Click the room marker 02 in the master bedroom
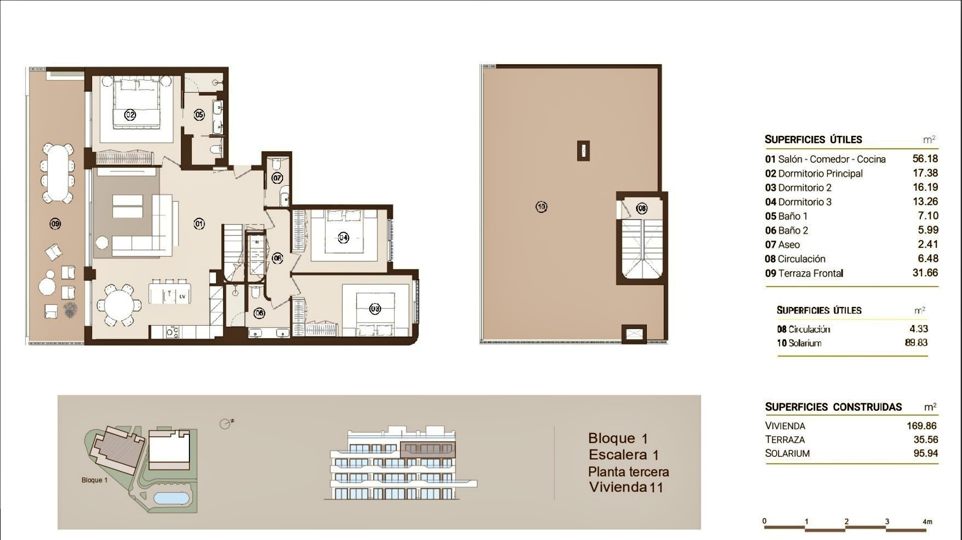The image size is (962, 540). [x=130, y=115]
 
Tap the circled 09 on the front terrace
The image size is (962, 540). [x=55, y=223]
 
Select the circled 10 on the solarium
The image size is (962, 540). [x=541, y=206]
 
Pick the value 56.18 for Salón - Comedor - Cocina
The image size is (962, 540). [x=925, y=159]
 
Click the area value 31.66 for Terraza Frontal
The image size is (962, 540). [x=925, y=273]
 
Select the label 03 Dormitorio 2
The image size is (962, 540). [x=798, y=188]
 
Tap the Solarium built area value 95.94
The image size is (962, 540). [x=925, y=453]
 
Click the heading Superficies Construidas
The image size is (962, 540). [x=833, y=407]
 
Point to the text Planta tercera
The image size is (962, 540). [x=628, y=472]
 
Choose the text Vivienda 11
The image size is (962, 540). [x=626, y=487]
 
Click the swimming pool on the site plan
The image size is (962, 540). [x=171, y=498]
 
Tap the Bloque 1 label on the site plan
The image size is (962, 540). [x=95, y=480]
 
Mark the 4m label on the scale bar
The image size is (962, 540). [x=927, y=521]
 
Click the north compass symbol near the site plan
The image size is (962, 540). [x=226, y=424]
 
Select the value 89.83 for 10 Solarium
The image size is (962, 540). [x=916, y=343]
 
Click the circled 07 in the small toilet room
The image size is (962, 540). [x=277, y=177]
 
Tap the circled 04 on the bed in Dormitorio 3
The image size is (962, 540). [x=343, y=237]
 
